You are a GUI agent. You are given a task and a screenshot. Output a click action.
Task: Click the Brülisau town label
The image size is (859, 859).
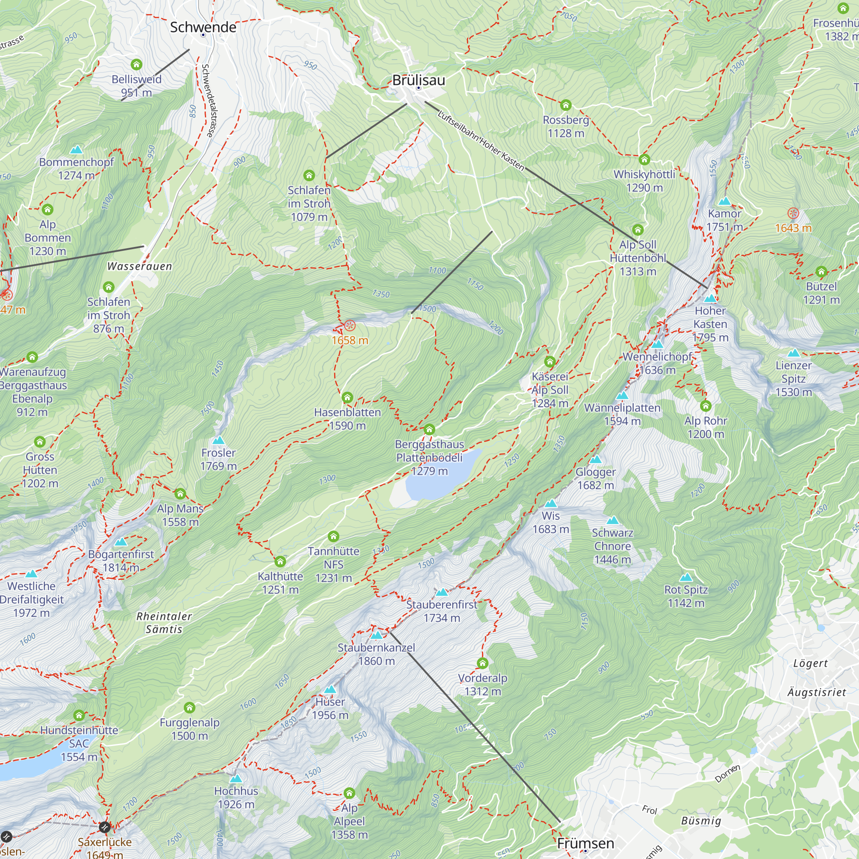click(418, 80)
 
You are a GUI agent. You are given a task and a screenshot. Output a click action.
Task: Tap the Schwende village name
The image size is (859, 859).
click(203, 27)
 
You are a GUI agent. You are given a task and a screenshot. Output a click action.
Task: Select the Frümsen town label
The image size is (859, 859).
click(585, 843)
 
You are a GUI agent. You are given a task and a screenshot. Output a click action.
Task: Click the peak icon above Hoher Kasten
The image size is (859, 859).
click(710, 298)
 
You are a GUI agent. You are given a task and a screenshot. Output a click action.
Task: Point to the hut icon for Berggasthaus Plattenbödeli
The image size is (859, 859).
click(429, 429)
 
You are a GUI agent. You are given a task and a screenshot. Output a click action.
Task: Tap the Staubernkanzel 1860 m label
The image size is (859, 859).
click(376, 654)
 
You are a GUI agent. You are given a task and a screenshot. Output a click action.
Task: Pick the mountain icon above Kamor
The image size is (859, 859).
click(724, 201)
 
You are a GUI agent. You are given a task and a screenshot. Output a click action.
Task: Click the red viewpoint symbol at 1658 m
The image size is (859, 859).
click(350, 326)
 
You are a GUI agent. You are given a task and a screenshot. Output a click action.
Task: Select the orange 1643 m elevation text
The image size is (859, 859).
click(793, 228)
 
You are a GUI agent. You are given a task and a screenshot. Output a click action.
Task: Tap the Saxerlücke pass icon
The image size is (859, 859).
click(104, 827)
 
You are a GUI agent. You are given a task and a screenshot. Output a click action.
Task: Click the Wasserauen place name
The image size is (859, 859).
click(140, 266)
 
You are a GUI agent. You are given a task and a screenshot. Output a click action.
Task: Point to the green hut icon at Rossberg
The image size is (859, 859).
click(566, 105)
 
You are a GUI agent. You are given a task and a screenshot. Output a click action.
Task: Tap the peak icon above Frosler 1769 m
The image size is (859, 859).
click(218, 440)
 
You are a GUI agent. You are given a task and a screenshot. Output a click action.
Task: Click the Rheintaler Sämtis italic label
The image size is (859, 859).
click(164, 622)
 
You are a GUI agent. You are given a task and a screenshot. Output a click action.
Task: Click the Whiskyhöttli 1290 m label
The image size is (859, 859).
click(644, 180)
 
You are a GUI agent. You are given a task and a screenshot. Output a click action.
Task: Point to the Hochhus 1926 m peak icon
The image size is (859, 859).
click(236, 779)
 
